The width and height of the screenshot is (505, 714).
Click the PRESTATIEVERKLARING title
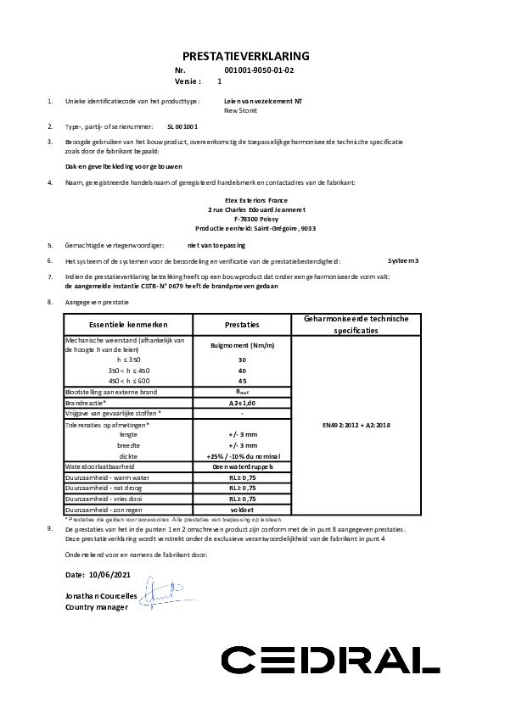[252, 56]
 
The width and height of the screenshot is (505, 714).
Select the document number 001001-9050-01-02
[259, 72]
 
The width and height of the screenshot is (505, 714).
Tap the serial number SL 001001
[182, 125]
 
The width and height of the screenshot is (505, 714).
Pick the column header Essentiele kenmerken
[128, 325]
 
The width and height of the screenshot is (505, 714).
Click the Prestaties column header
[242, 325]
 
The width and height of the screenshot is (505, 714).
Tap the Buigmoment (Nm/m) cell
[242, 345]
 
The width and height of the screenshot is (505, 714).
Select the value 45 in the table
[242, 380]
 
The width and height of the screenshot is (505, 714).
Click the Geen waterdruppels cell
[242, 466]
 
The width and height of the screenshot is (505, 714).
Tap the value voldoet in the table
[242, 510]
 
